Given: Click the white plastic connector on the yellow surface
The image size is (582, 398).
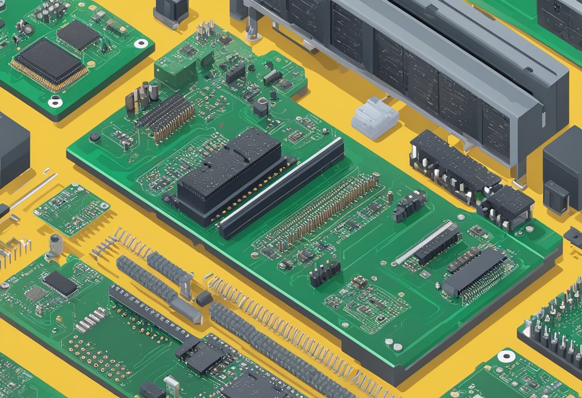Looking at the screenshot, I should (x=374, y=118).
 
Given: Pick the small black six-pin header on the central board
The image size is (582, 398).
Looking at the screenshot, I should (x=325, y=273).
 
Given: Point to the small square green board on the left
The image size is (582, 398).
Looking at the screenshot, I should (x=71, y=209).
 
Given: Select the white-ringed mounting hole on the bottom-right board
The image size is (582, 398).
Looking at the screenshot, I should (x=506, y=356).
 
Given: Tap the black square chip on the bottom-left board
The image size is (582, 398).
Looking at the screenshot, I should (x=60, y=283).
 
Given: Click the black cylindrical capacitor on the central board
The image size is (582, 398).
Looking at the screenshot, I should (x=261, y=107).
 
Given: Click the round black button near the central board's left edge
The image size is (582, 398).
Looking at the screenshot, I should (x=95, y=137).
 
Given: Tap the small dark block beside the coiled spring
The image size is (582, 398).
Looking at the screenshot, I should (x=204, y=298).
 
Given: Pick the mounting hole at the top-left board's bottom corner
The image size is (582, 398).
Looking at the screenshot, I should (x=55, y=101).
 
